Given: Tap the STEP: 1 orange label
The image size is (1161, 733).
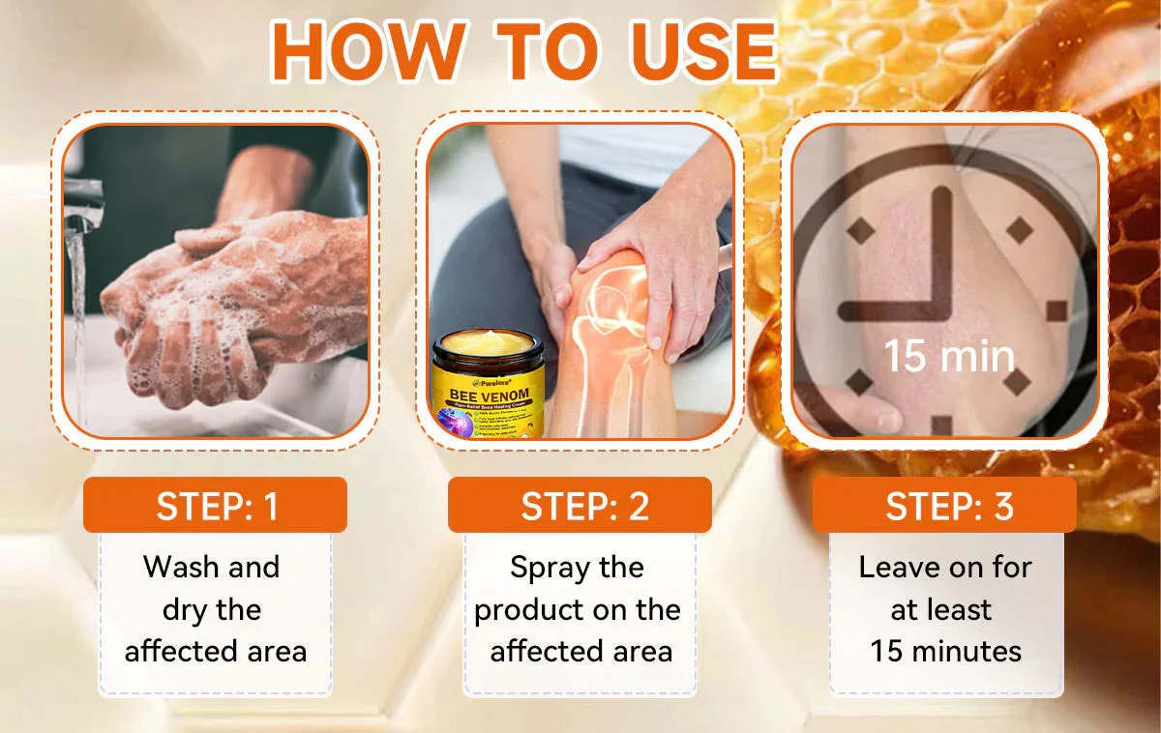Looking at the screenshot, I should click(215, 506).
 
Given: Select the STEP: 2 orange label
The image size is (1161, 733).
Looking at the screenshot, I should click(580, 506).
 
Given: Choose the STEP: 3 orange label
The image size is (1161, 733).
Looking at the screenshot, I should click(944, 506).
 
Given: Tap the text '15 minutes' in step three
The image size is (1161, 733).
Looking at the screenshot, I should click(945, 651).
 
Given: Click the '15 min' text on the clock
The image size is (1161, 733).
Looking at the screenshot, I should click(948, 357).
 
